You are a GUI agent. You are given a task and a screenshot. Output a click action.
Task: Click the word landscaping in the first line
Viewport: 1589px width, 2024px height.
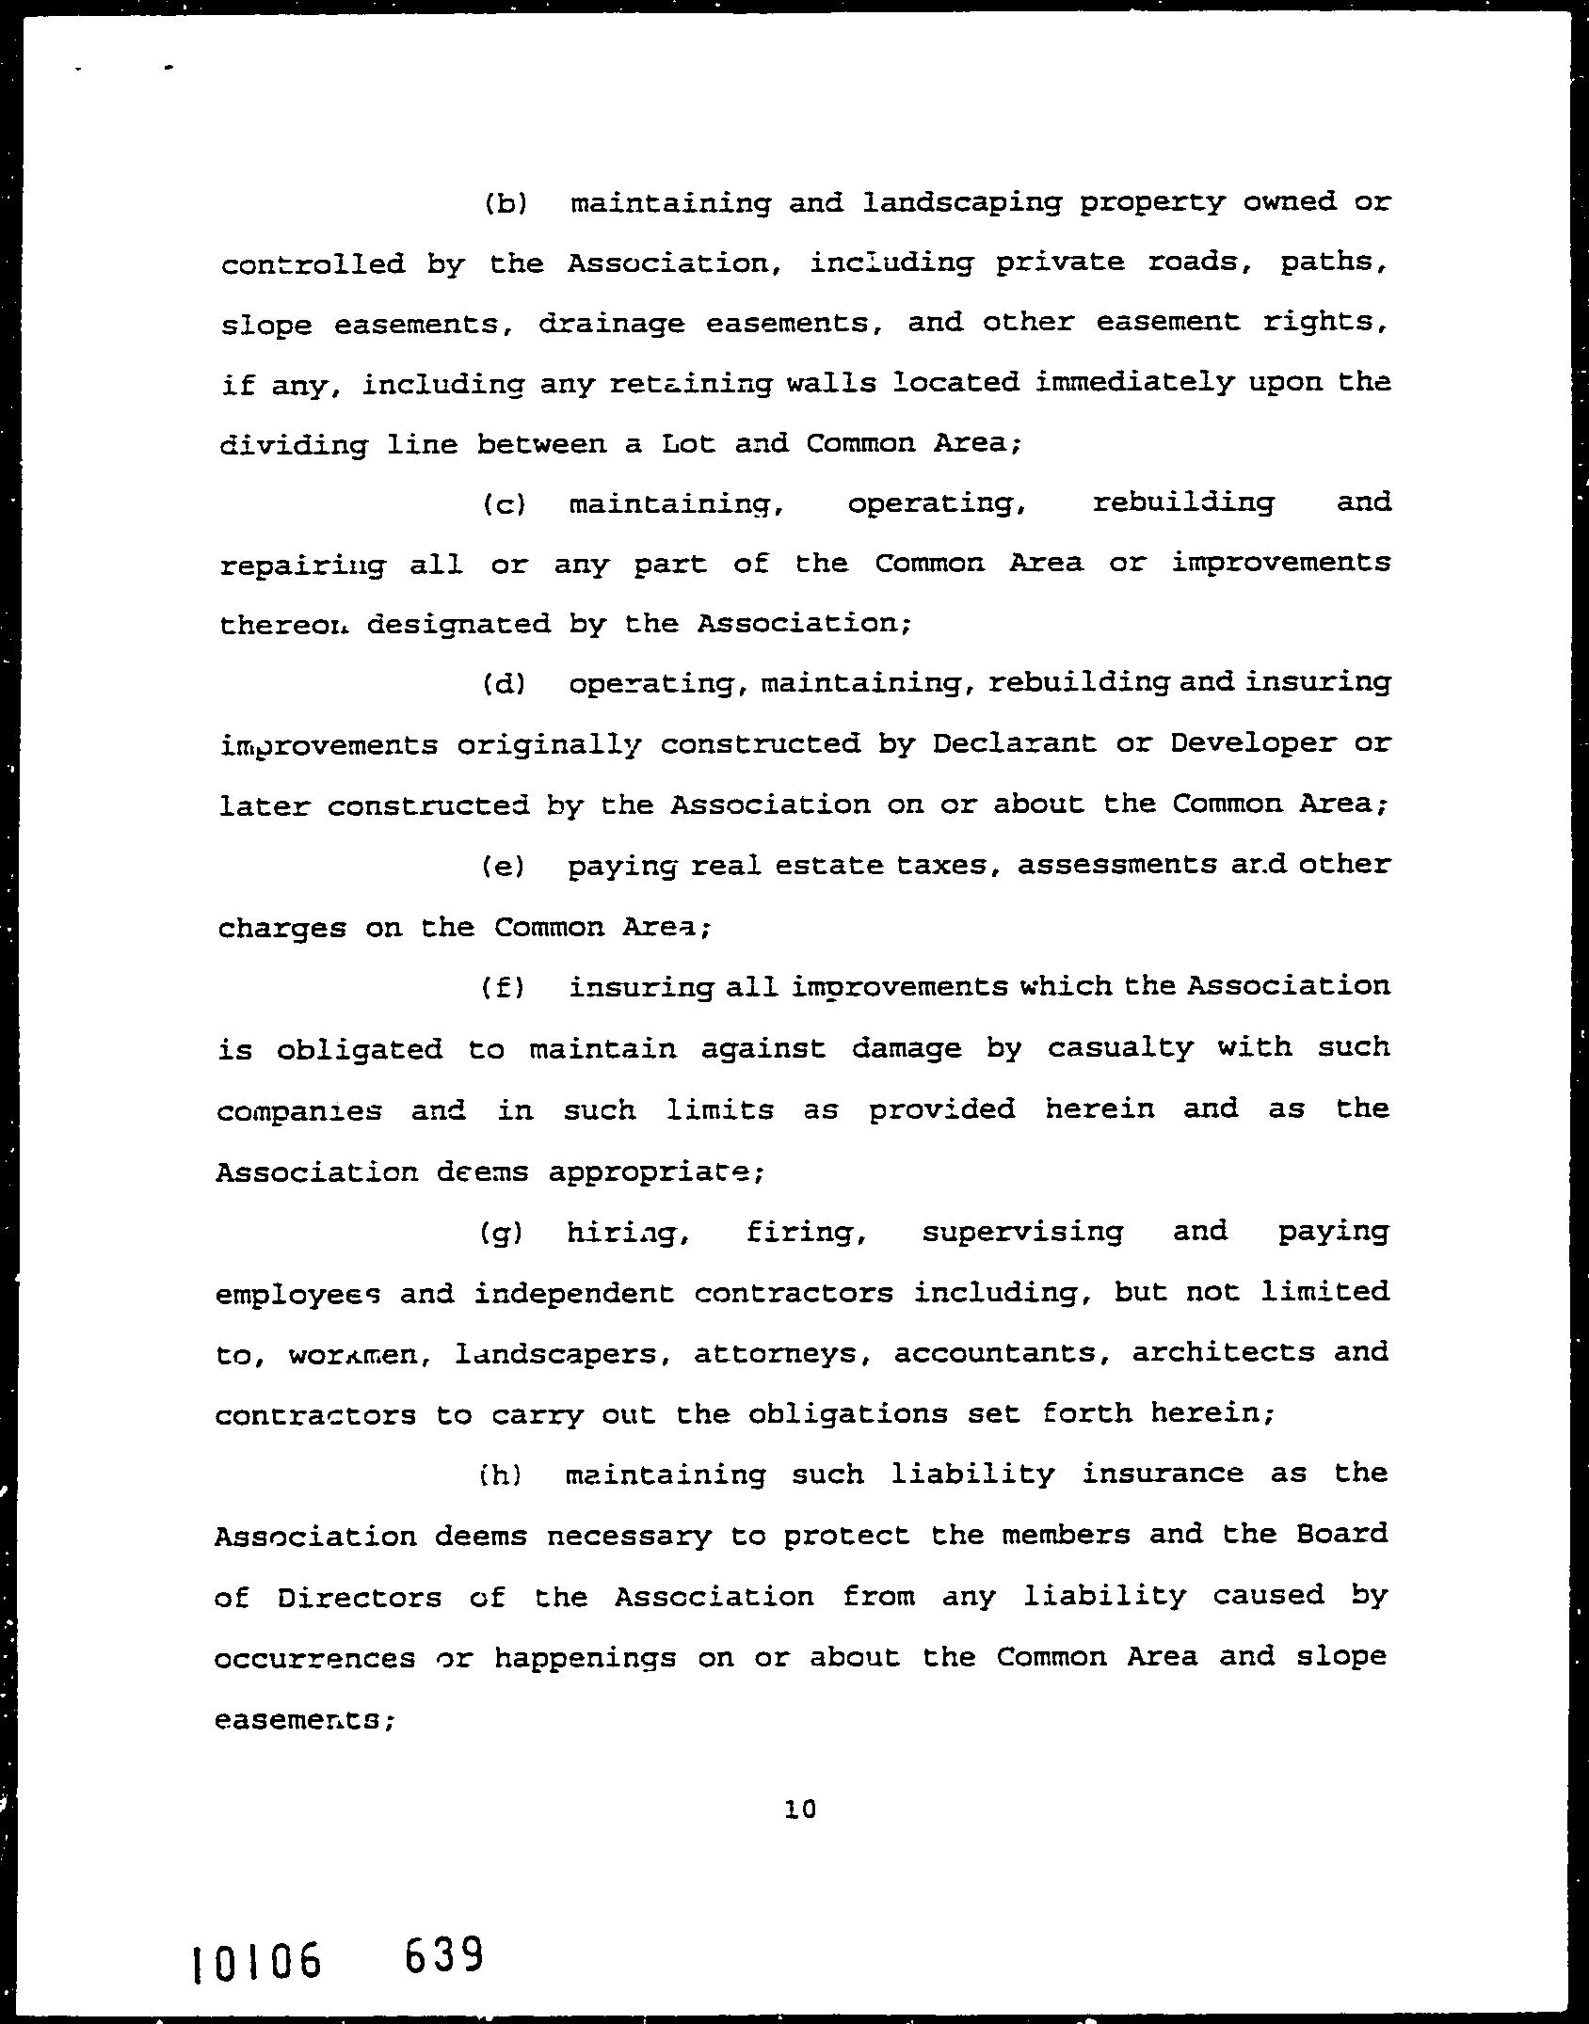point(961,203)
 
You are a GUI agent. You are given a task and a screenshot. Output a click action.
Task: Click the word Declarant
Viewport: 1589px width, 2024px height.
point(1014,744)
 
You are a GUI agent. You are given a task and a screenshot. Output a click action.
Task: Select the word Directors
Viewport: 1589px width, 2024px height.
point(360,1597)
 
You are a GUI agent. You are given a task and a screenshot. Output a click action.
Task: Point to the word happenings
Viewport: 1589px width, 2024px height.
point(585,1657)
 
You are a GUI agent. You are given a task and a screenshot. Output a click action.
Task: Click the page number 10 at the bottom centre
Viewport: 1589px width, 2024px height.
point(799,1809)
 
